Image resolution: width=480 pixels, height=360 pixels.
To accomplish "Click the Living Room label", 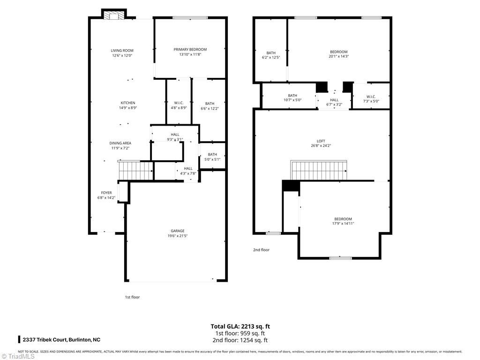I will click(x=122, y=51).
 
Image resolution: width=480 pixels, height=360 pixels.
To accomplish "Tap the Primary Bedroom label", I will click(x=190, y=50).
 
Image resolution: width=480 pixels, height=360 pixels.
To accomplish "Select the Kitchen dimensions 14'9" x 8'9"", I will click(x=128, y=108).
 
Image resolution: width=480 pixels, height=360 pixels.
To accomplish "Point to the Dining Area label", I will click(x=120, y=143).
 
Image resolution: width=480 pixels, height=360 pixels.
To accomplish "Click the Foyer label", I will click(x=106, y=193).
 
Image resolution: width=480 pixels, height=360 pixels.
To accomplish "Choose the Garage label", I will click(x=177, y=231).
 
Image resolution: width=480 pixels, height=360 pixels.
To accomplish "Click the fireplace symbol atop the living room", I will click(x=114, y=16).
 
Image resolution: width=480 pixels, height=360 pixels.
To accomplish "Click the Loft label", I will click(x=321, y=141).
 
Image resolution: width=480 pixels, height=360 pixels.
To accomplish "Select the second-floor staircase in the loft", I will click(x=319, y=170).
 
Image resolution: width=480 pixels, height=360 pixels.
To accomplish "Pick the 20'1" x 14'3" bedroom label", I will click(x=338, y=52).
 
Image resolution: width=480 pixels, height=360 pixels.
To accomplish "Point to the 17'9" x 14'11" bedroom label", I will click(x=343, y=219).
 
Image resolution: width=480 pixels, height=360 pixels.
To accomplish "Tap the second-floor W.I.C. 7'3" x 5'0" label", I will click(x=372, y=97).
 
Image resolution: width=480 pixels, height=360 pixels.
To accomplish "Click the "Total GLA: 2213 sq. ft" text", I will click(x=240, y=326).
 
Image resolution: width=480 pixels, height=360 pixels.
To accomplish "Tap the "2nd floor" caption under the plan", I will click(x=261, y=250).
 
